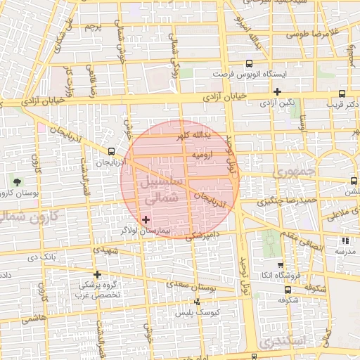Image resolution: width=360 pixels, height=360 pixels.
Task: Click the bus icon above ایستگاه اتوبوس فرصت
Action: [216, 61]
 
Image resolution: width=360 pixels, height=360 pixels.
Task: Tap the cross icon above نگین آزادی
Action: [278, 91]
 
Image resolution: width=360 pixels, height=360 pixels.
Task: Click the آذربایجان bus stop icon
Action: [112, 151]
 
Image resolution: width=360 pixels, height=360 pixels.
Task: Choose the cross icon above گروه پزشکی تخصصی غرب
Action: [97, 274]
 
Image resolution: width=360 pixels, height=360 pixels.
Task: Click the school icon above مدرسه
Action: [344, 240]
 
